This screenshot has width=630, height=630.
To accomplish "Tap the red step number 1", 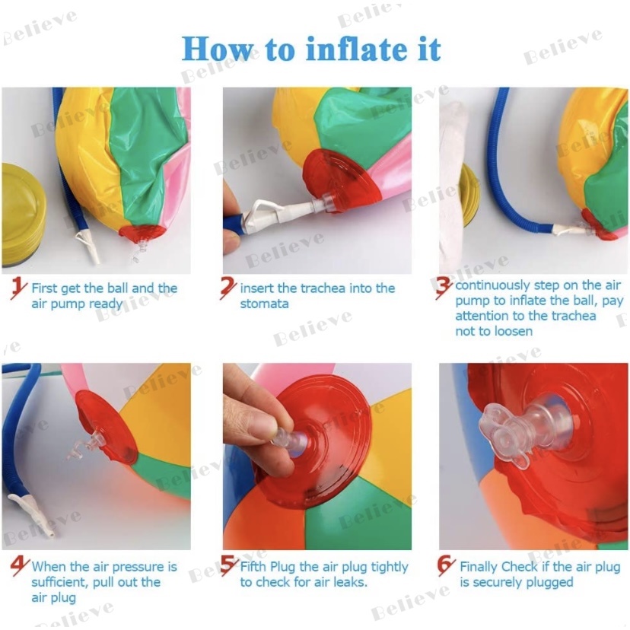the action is [18, 288].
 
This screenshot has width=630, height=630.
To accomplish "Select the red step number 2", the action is [228, 288].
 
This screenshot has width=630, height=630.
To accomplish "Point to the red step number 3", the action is [444, 288].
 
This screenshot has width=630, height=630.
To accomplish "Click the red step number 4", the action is [19, 566].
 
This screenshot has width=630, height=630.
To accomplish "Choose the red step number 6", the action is [446, 566].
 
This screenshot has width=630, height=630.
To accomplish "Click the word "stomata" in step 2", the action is [264, 304].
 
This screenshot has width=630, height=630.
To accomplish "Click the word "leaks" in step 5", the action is [350, 582].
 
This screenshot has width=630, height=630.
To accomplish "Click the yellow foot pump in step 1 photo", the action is [24, 214].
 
